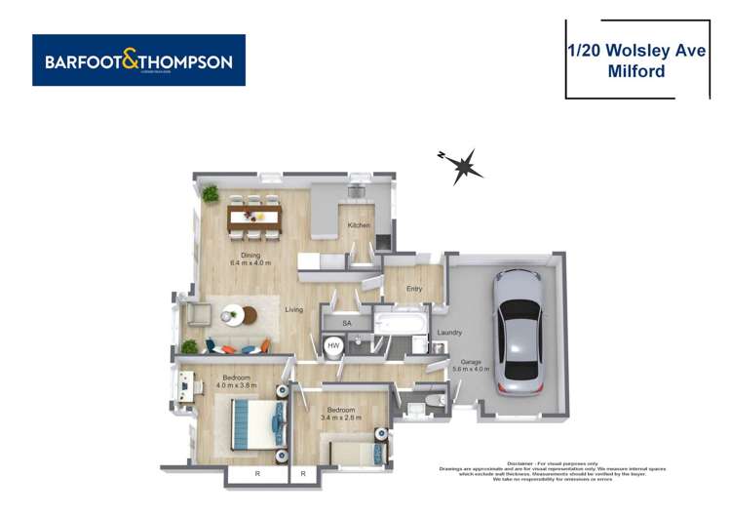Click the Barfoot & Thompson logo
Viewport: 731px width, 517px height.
tap(138, 60)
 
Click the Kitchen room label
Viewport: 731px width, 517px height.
tap(359, 226)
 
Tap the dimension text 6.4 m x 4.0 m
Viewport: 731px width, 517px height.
tap(250, 263)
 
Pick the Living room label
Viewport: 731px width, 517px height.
tap(294, 310)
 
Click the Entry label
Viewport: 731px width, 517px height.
tap(413, 289)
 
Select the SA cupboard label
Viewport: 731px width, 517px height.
tap(347, 323)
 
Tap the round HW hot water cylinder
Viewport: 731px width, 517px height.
tap(333, 346)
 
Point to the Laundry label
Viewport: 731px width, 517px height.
tap(449, 333)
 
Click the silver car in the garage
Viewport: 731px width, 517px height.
tap(518, 330)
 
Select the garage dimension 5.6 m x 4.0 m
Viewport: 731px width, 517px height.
tap(471, 370)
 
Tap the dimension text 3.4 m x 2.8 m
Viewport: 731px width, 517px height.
tap(343, 418)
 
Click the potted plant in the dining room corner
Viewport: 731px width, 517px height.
tap(210, 194)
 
